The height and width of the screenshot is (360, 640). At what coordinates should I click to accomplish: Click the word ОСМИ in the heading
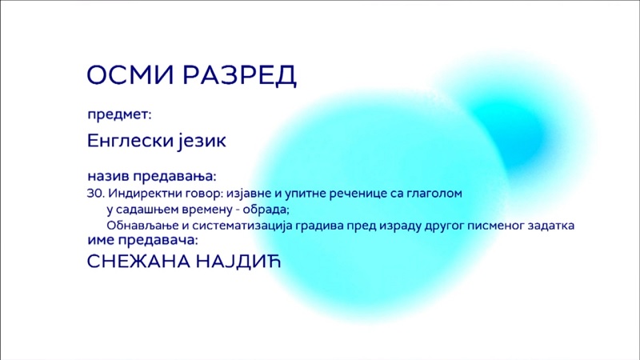[131, 74]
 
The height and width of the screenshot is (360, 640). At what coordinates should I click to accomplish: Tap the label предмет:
[119, 114]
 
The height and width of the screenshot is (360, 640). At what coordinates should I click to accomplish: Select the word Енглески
[128, 141]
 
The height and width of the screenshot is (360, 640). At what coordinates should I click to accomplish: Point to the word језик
[202, 142]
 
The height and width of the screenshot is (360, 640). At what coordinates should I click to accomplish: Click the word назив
[108, 176]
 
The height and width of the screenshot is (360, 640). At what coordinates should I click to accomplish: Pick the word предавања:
[174, 177]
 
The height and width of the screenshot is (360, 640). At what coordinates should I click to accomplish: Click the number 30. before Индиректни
[96, 193]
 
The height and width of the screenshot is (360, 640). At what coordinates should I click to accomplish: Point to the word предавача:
[158, 241]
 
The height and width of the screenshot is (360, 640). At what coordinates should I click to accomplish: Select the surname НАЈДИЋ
[238, 262]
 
